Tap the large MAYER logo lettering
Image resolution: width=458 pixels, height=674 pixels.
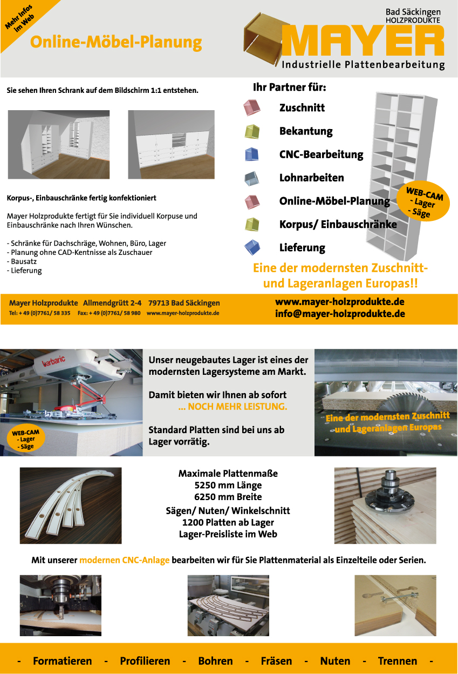(363, 40)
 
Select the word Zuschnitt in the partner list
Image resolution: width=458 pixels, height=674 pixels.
(302, 107)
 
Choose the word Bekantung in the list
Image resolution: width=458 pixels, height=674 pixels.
(305, 131)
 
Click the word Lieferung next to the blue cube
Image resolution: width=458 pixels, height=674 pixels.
(302, 248)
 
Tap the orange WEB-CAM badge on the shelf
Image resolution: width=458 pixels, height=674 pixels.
(423, 201)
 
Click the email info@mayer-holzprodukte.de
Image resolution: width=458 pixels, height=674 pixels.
(339, 313)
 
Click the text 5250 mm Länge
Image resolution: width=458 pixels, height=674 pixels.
(228, 485)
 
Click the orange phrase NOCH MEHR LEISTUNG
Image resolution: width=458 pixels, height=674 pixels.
(233, 407)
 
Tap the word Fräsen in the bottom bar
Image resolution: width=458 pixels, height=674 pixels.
(276, 661)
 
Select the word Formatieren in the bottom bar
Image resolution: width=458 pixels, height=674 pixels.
(62, 661)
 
